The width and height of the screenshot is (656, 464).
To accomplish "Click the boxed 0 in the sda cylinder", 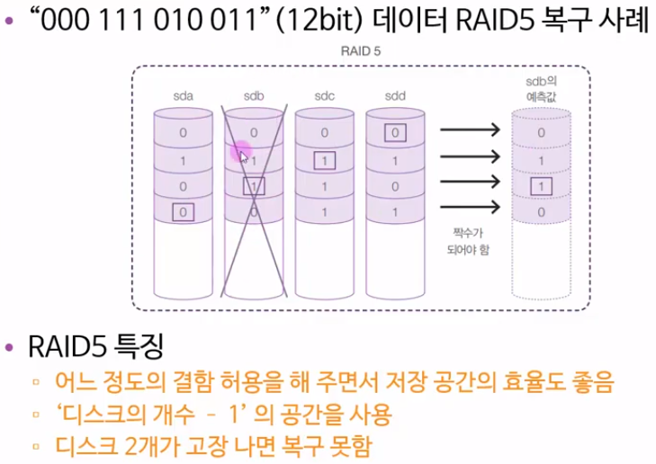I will [183, 213].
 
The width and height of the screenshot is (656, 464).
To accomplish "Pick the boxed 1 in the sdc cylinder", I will [325, 161].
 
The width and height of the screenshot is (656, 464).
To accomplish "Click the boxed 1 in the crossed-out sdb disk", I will [254, 187].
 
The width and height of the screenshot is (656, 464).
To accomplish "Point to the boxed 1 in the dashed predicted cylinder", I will [541, 187].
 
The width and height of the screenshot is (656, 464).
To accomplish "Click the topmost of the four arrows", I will [469, 131].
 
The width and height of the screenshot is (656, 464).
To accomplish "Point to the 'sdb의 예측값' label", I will [540, 88].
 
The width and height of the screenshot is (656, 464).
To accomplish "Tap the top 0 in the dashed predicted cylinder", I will [541, 133].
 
